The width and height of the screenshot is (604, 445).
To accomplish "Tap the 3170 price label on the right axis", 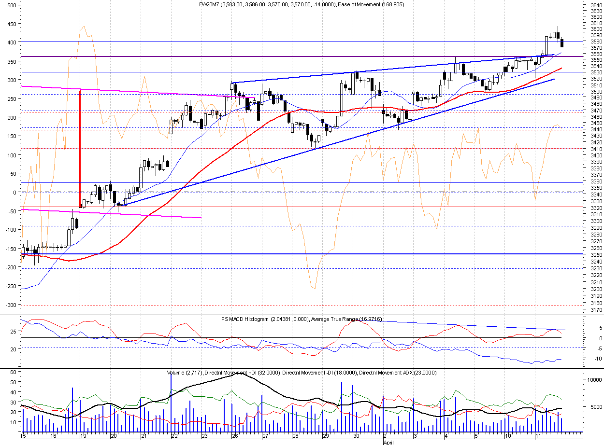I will point(596,310).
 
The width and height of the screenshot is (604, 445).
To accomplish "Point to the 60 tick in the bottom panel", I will point(13,372).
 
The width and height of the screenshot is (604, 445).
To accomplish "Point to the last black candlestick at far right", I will point(562,43).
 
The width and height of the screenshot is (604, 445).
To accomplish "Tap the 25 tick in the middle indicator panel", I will point(14,331).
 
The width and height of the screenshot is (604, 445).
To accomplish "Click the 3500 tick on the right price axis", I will point(596,92).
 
